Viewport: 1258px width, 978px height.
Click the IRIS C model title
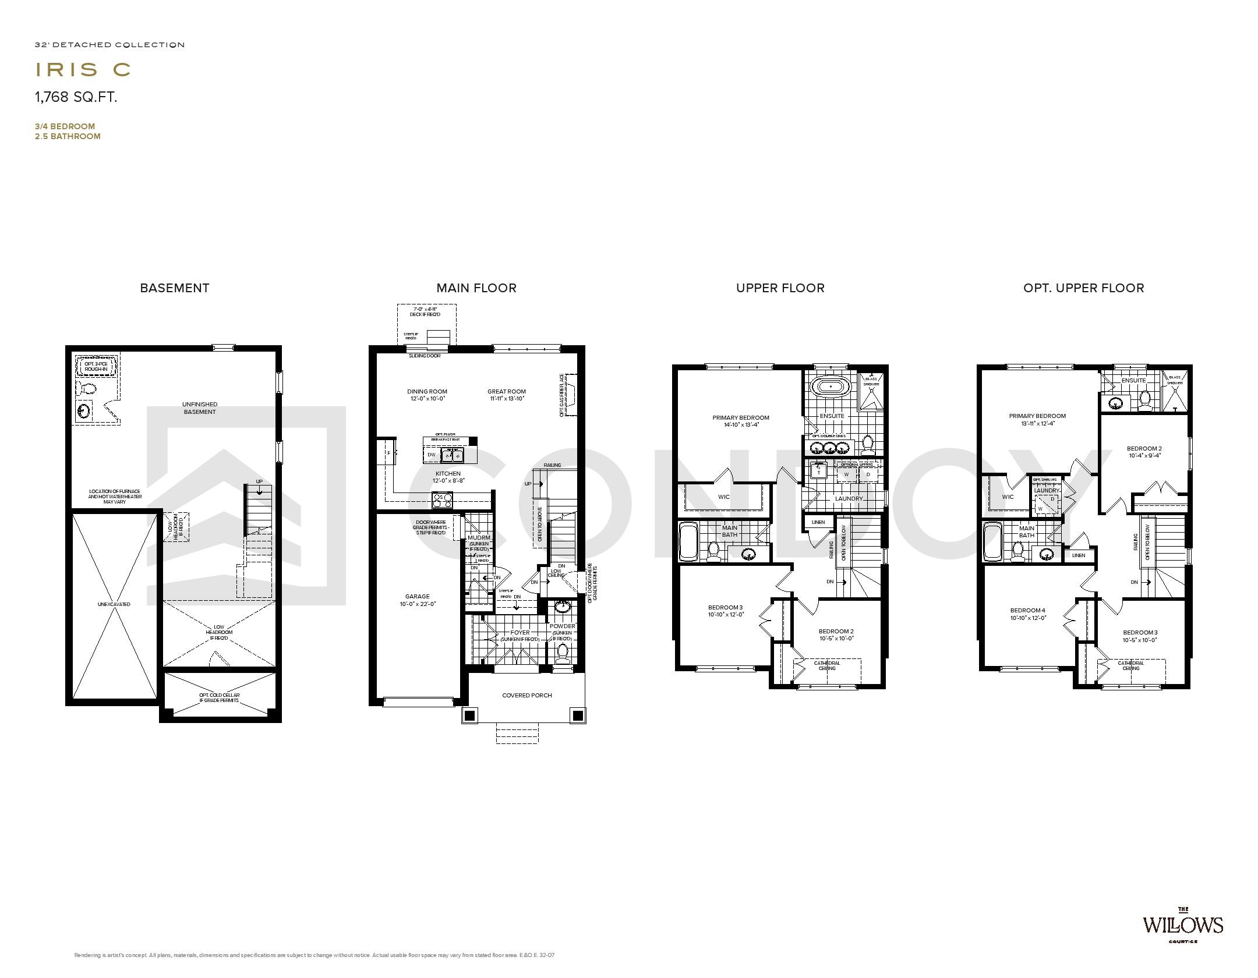click(83, 69)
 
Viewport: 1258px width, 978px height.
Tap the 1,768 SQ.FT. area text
click(76, 97)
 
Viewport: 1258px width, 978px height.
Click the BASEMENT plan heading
click(174, 288)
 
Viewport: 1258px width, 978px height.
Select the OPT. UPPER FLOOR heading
click(1083, 288)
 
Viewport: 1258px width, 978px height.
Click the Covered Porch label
click(526, 695)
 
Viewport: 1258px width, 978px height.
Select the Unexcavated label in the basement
click(114, 604)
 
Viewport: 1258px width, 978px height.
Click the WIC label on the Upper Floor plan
click(723, 497)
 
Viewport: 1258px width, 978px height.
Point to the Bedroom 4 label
click(1028, 611)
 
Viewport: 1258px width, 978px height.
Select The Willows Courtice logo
click(1182, 941)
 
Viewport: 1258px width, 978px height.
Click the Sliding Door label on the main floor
click(424, 355)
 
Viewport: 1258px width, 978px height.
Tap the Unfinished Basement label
click(200, 408)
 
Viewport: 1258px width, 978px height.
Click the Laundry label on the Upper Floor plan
click(848, 499)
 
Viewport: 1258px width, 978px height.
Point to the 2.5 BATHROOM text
click(68, 136)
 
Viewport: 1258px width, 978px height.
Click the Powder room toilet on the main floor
click(562, 653)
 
